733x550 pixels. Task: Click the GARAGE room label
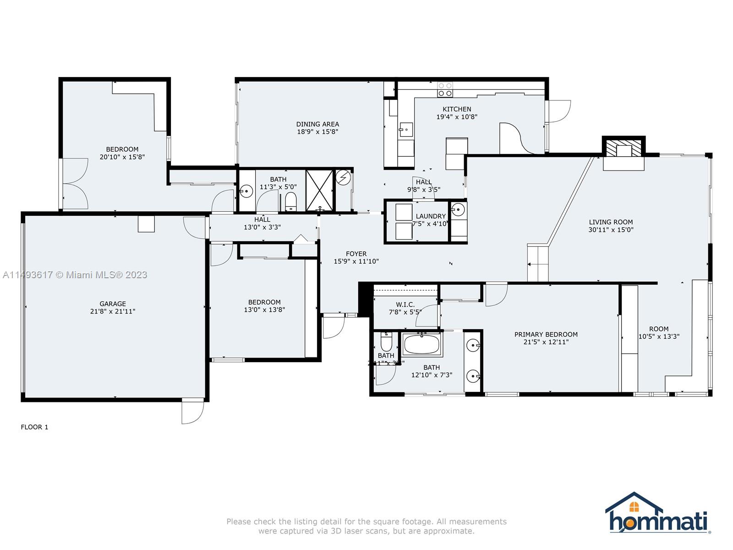(113, 303)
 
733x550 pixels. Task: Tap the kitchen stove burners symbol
(445, 89)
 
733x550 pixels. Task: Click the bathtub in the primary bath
(422, 344)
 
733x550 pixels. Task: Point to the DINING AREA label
(317, 124)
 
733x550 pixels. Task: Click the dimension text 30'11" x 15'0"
(611, 230)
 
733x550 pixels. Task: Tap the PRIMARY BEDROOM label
(546, 334)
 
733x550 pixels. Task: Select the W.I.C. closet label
(405, 304)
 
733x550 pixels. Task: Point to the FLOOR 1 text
(34, 427)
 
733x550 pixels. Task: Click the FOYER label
(356, 253)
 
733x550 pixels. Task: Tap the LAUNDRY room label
(431, 216)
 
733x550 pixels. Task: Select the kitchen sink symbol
(405, 130)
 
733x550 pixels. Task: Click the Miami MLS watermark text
(75, 275)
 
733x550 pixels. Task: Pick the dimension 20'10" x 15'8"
(122, 157)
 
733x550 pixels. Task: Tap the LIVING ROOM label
(611, 222)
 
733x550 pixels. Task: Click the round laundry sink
(458, 210)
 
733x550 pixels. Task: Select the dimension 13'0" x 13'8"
(264, 309)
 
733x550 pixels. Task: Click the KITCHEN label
(457, 109)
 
